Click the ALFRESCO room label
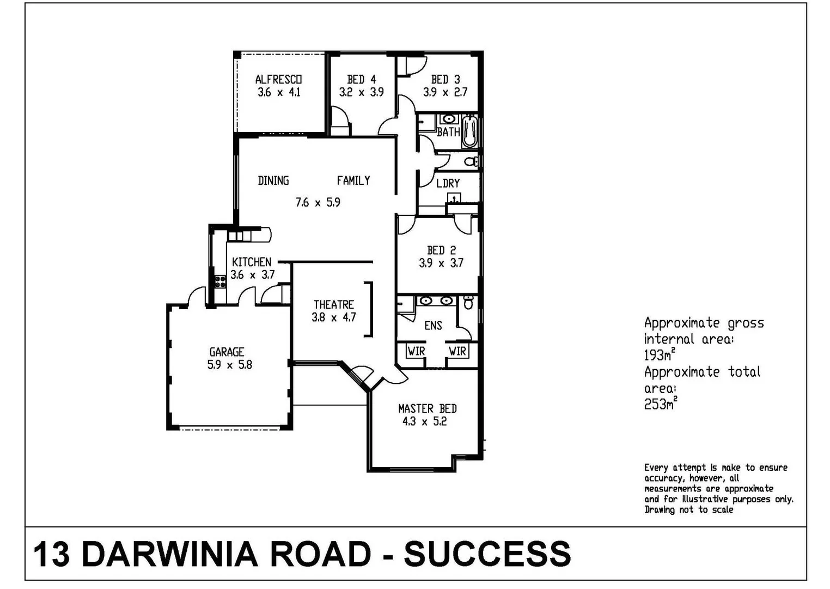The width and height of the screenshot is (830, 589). click(278, 80)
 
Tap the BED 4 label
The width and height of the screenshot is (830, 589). click(361, 80)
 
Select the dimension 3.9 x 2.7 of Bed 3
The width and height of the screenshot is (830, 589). click(445, 92)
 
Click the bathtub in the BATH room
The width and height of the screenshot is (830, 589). click(469, 131)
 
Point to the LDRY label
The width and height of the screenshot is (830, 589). click(448, 183)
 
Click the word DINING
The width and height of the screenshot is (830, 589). click(273, 181)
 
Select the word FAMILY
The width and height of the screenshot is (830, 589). click(353, 181)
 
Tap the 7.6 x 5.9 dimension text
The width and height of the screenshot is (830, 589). click(318, 202)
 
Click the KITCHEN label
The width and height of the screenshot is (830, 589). click(251, 262)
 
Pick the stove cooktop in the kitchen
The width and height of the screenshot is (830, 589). click(220, 281)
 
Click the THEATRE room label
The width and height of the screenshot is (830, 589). click(333, 304)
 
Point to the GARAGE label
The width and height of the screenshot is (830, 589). click(227, 352)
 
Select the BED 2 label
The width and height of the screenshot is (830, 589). click(441, 250)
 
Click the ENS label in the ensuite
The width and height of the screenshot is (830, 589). click(433, 326)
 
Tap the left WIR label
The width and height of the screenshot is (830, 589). click(416, 351)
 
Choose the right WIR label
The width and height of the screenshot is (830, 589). click(457, 351)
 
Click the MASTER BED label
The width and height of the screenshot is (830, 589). click(427, 408)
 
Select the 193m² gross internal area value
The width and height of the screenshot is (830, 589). click(660, 355)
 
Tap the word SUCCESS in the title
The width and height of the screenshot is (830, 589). click(487, 554)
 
